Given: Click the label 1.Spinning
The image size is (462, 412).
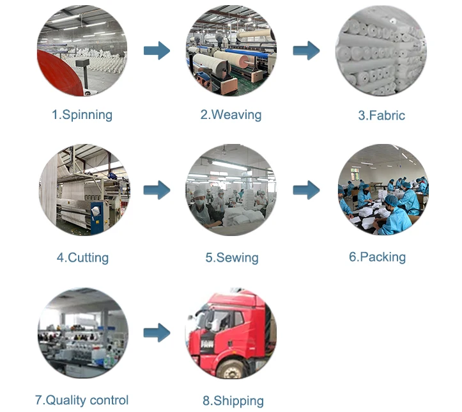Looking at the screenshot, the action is tap(82, 115).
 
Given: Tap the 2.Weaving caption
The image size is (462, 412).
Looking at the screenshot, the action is tap(231, 115).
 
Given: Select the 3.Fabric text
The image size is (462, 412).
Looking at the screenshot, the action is tap(381, 116).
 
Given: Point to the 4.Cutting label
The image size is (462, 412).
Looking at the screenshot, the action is tap(82, 258).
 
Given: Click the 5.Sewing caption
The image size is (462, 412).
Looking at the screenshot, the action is tap(231, 258).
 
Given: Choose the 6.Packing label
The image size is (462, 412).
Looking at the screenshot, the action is tap(377, 257).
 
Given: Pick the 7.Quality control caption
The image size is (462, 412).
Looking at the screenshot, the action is tap(82, 400).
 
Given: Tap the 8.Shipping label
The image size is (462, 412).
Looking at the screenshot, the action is tap(233, 401).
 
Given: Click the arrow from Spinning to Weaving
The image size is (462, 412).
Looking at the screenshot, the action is tap(157, 51).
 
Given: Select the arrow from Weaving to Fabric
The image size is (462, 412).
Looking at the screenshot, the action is tap(307, 51).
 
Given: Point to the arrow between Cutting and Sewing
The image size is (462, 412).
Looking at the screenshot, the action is tap(157, 190).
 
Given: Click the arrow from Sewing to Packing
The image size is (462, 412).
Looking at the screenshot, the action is tap(307, 190).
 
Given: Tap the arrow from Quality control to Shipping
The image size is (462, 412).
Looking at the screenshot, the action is tap(157, 332).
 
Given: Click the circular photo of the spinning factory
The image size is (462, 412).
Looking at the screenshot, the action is tap(82, 51).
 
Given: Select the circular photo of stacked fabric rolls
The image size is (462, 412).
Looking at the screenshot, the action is tap(381, 51).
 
